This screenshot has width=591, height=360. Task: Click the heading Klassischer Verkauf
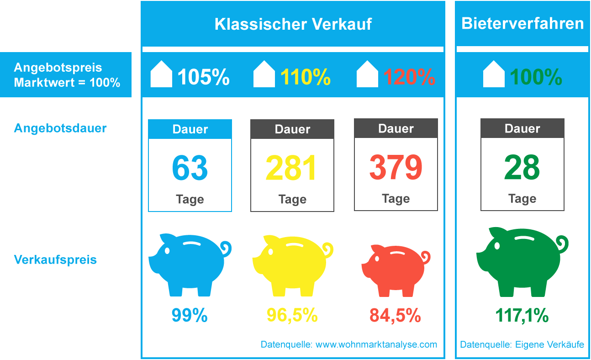(293, 24)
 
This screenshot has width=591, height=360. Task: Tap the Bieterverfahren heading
(522, 23)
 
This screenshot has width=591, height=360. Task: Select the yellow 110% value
(306, 77)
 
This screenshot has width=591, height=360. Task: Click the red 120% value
(409, 77)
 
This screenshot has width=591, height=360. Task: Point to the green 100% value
(536, 77)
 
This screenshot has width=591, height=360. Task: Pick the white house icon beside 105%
(161, 74)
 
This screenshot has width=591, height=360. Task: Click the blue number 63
(190, 168)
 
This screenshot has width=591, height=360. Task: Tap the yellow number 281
(291, 168)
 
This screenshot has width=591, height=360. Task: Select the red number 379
(396, 168)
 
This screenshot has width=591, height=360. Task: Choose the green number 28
(522, 168)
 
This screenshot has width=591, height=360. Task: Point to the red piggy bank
(396, 270)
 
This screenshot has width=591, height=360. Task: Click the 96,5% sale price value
(292, 315)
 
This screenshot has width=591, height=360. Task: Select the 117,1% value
(522, 315)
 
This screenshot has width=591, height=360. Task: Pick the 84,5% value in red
(396, 315)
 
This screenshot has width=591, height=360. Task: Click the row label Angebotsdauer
(60, 128)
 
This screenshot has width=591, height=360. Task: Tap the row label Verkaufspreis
(56, 260)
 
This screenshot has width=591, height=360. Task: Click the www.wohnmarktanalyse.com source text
(376, 344)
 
